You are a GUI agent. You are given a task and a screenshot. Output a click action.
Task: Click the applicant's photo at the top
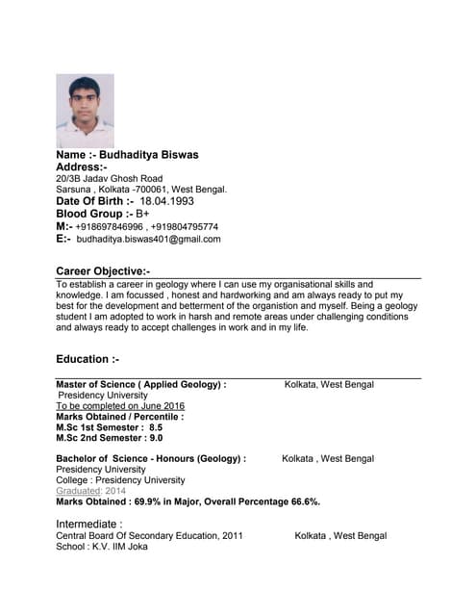[85, 111]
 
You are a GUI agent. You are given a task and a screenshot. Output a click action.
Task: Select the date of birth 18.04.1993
[166, 202]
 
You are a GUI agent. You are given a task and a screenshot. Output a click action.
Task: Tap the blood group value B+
[142, 215]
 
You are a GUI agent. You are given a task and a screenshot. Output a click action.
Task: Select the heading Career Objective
[103, 272]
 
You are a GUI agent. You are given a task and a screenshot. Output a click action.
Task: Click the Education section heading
[88, 359]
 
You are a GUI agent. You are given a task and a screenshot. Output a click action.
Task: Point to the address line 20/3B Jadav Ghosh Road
[110, 179]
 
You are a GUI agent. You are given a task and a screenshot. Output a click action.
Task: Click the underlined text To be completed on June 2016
[120, 406]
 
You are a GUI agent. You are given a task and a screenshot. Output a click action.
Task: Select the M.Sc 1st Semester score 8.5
[156, 427]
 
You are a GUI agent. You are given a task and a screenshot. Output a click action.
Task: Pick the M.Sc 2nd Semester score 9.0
[157, 438]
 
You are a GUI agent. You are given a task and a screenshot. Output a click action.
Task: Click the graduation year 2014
[114, 491]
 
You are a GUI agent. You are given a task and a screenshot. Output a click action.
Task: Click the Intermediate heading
[89, 524]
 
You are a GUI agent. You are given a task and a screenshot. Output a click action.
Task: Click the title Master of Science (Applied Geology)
[140, 385]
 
